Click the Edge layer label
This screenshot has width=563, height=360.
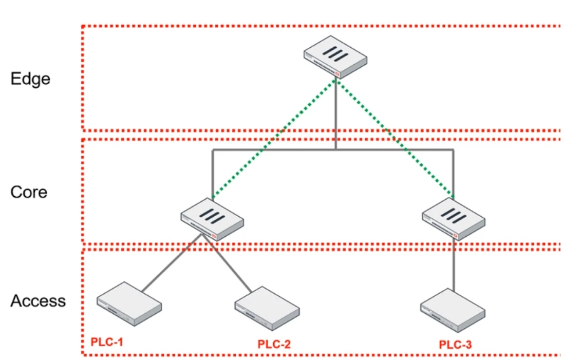point(30,79)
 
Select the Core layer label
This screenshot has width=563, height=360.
point(29,192)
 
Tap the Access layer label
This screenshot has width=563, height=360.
point(38,301)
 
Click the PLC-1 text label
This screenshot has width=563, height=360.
point(107,342)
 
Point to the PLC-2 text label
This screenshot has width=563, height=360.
point(274,344)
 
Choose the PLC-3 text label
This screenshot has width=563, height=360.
point(455,344)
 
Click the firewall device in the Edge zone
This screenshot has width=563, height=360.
point(335,56)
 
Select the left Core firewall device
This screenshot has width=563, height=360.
point(212,219)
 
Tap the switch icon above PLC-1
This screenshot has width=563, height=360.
point(129,303)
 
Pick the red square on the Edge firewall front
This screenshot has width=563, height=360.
point(337,73)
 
